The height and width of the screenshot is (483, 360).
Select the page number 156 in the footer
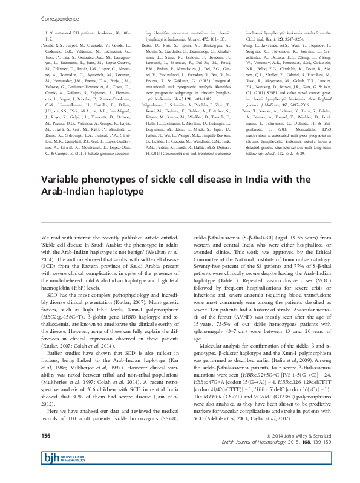[45, 453]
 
